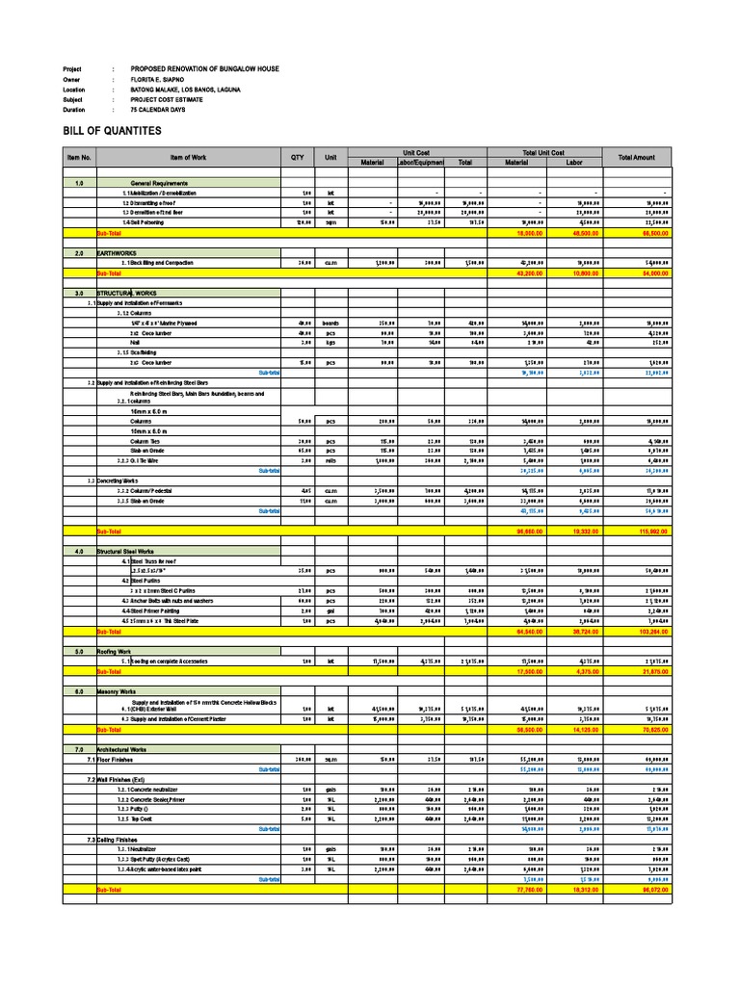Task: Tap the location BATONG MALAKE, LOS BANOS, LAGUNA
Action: click(x=186, y=90)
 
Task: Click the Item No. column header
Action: click(x=79, y=157)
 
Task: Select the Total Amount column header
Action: click(x=637, y=157)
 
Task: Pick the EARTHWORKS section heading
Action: click(x=117, y=253)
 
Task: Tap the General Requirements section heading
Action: click(x=159, y=182)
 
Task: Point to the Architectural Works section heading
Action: click(x=125, y=748)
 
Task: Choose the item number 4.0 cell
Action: click(x=79, y=551)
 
